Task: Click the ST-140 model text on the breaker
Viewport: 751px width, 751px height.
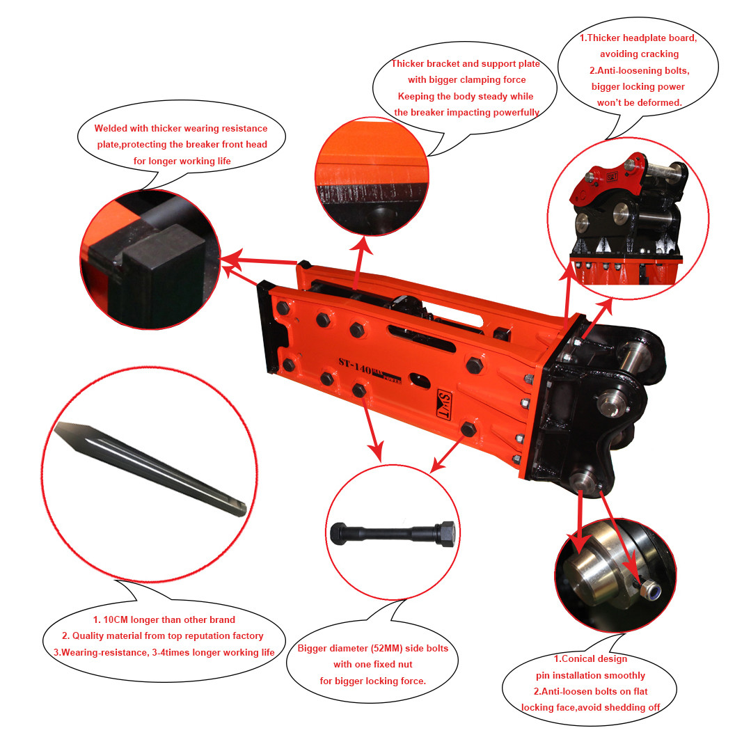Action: [x=355, y=366]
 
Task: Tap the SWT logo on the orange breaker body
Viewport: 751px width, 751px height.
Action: [x=445, y=404]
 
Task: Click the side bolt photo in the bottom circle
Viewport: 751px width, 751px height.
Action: [x=393, y=533]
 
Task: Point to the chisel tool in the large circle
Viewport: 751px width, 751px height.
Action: [x=150, y=468]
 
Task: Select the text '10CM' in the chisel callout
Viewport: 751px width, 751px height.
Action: [x=116, y=619]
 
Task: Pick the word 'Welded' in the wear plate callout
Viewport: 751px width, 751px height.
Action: [x=111, y=128]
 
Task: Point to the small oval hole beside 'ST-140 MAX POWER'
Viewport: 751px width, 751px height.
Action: [x=420, y=380]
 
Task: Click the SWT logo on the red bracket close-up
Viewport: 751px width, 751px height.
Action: [x=612, y=177]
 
